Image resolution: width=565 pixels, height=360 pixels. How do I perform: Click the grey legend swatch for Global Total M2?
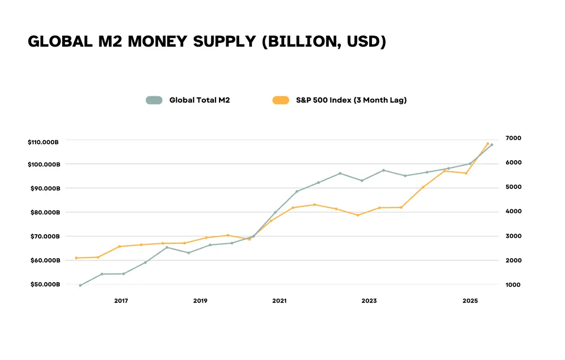click(x=154, y=100)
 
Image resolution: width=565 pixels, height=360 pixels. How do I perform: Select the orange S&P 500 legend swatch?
click(x=281, y=100)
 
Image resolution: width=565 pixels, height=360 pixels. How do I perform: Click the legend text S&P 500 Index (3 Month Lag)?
click(x=351, y=100)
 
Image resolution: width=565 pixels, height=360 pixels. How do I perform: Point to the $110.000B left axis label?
click(x=43, y=142)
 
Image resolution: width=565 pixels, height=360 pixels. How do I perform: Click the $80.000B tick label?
click(x=44, y=212)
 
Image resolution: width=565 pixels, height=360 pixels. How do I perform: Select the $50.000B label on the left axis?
click(x=44, y=284)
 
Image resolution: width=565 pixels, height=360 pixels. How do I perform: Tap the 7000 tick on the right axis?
click(x=514, y=138)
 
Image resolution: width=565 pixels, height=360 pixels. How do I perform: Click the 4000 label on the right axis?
click(x=514, y=211)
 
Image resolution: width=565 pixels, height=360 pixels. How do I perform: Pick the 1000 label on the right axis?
click(x=514, y=285)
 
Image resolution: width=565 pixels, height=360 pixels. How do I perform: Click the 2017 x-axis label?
click(x=121, y=301)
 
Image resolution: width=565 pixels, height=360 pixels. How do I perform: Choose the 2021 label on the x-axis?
click(x=279, y=301)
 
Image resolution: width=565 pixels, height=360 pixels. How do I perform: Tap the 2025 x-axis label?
click(x=470, y=301)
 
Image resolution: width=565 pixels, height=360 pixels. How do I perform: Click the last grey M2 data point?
click(x=492, y=145)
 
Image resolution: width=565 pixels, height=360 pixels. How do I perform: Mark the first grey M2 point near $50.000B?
click(x=80, y=285)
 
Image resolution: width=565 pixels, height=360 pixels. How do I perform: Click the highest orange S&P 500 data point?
click(x=488, y=143)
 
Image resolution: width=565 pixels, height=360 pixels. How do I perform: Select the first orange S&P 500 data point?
click(x=76, y=258)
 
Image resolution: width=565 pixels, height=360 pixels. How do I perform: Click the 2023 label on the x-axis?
click(x=369, y=301)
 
